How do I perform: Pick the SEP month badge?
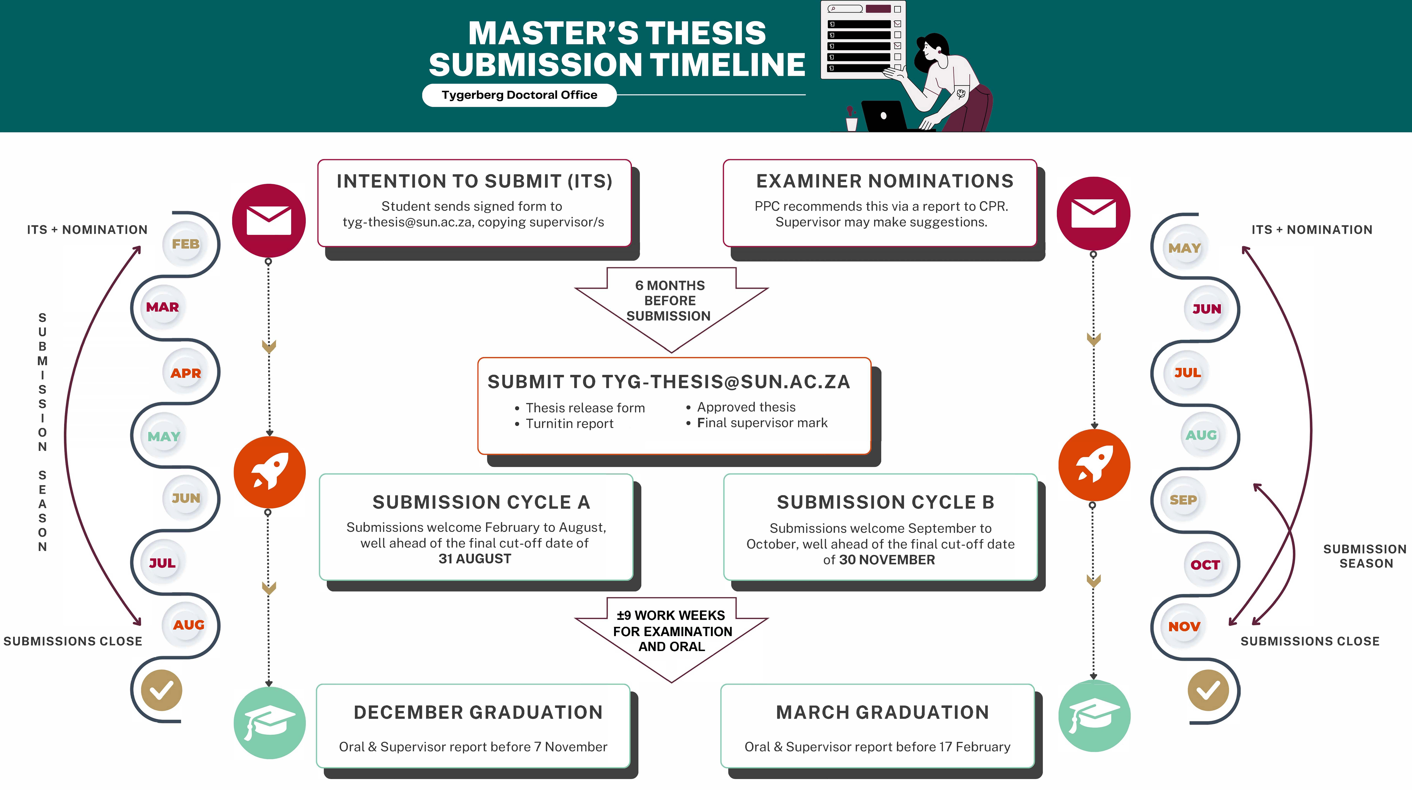(x=1183, y=500)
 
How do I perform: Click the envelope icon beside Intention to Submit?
(x=269, y=220)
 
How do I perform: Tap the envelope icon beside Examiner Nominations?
(x=1094, y=214)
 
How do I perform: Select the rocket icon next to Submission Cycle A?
(x=269, y=472)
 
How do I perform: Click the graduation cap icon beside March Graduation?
(x=1094, y=716)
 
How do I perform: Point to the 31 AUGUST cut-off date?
(x=475, y=559)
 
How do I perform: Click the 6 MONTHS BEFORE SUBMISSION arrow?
(x=671, y=310)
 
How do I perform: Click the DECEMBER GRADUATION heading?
(x=478, y=712)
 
